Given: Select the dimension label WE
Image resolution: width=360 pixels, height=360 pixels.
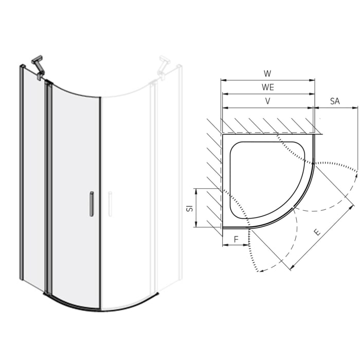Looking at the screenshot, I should [267, 87].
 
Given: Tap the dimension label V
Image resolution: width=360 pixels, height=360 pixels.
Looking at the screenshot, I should [267, 101].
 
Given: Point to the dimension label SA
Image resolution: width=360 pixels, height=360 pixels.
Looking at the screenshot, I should [335, 101].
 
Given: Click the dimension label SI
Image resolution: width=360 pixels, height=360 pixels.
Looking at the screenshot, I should [189, 208].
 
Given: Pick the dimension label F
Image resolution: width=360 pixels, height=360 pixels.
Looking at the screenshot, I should [236, 239].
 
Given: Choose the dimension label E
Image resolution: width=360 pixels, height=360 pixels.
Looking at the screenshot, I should [317, 232].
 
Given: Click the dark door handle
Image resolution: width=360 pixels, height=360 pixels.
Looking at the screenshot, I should [92, 204].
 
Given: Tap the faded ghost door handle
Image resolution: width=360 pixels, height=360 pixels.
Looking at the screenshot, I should [110, 204].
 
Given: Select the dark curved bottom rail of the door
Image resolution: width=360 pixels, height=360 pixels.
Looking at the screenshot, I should [72, 304].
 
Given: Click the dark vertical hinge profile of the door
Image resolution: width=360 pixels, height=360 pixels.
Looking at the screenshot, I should [49, 190].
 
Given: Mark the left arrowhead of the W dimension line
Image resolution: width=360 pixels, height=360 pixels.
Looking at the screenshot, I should [223, 80].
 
